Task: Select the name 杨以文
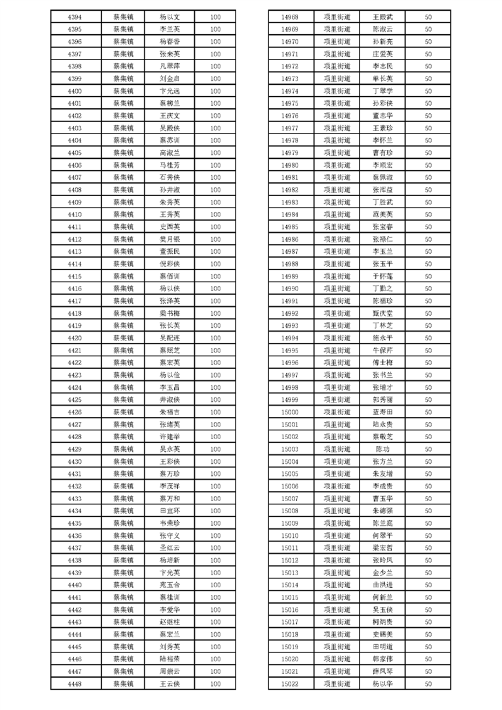click(x=170, y=17)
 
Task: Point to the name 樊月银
click(x=170, y=239)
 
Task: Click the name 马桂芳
click(x=170, y=165)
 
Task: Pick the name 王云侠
click(x=170, y=684)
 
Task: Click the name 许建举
click(x=170, y=437)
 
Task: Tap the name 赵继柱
click(x=170, y=622)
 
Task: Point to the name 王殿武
click(x=382, y=17)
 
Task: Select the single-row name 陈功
click(x=382, y=449)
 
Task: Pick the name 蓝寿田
click(x=382, y=413)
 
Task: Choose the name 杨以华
click(x=382, y=684)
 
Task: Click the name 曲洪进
click(x=382, y=585)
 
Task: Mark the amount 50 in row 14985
click(x=429, y=227)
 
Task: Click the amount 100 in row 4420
click(x=215, y=339)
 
